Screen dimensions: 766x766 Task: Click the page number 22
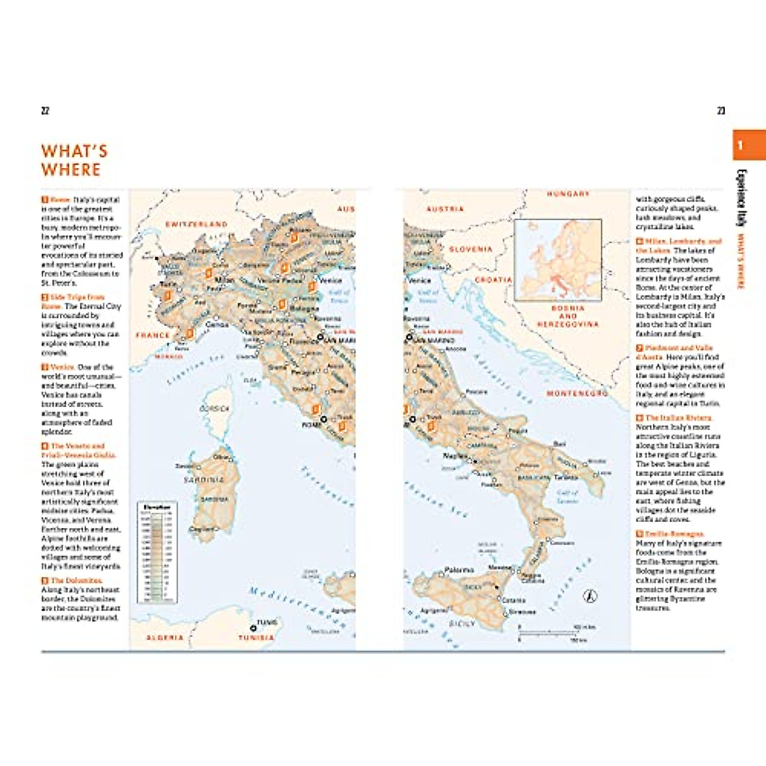(x=45, y=110)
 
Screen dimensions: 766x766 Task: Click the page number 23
(x=721, y=110)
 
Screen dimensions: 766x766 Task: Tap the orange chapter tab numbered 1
(x=748, y=145)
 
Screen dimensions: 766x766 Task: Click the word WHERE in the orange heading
(x=71, y=170)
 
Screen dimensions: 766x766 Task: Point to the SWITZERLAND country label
(x=196, y=224)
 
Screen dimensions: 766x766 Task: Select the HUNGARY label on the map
(x=567, y=193)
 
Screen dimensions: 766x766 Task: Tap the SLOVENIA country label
(x=470, y=249)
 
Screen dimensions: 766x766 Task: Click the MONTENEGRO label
(x=577, y=394)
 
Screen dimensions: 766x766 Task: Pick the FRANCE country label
(x=153, y=334)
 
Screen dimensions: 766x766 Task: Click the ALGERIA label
(x=165, y=637)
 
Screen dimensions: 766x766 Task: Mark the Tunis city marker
(x=253, y=628)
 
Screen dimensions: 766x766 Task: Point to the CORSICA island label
(x=214, y=409)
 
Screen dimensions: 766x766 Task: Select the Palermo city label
(x=459, y=569)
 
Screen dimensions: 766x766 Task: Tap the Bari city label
(x=559, y=444)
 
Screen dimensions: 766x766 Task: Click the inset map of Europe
(x=558, y=259)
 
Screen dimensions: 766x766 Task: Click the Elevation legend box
(x=157, y=552)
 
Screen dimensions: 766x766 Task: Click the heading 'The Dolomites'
(x=76, y=580)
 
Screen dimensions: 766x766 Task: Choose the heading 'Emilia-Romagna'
(x=673, y=534)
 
